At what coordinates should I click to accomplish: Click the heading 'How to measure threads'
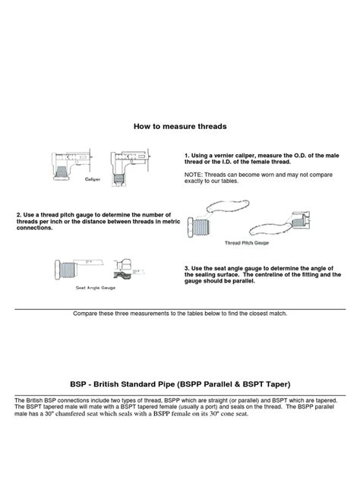(x=180, y=126)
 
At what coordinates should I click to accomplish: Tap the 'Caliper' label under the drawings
(x=93, y=179)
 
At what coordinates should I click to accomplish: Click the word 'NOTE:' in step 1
(x=194, y=174)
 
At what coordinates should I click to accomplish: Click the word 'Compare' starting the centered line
(x=86, y=313)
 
